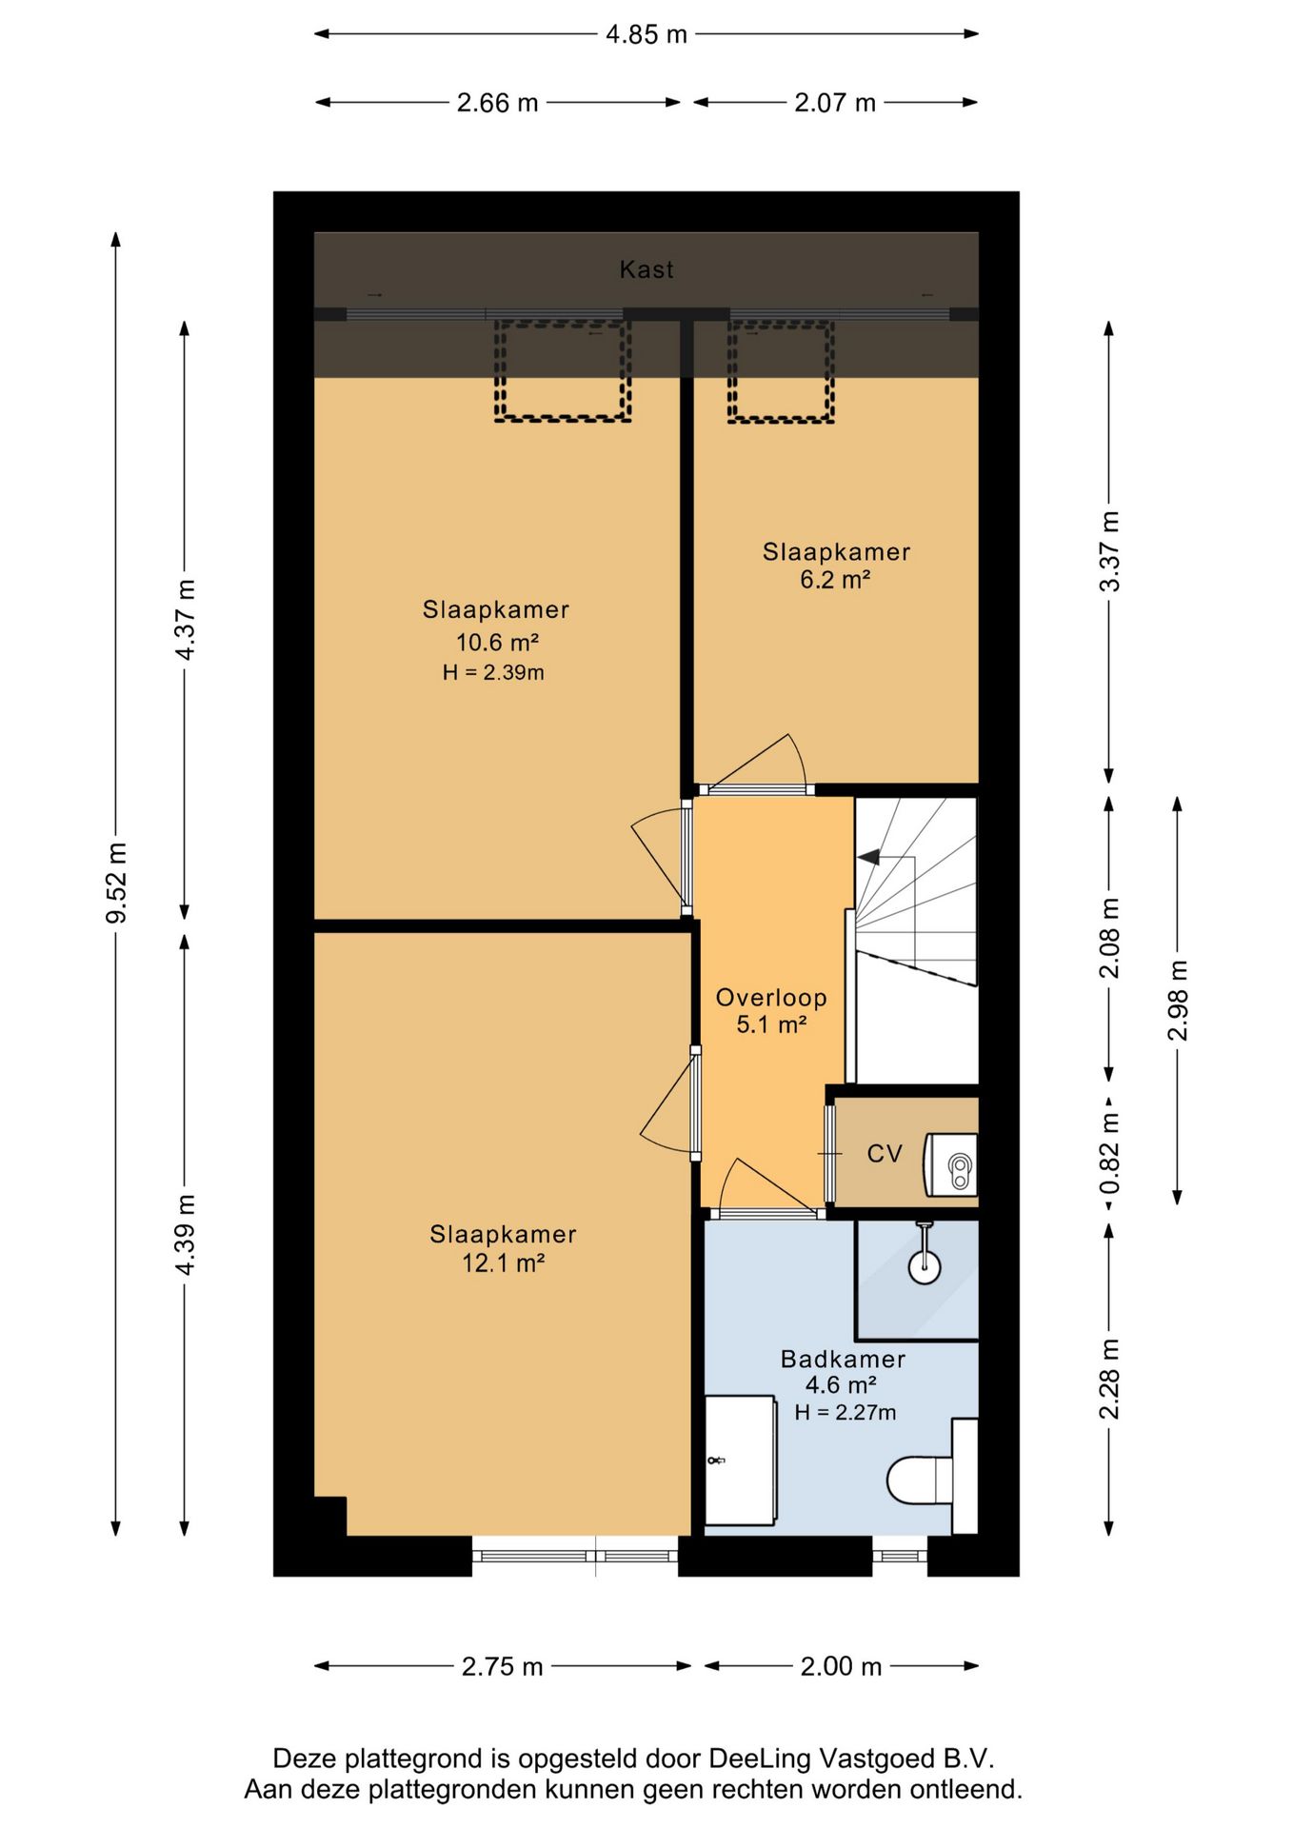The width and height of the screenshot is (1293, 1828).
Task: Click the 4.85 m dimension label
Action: tap(646, 34)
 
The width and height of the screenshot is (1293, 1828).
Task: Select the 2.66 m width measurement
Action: tap(497, 103)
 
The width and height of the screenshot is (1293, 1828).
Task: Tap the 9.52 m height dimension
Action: tap(116, 883)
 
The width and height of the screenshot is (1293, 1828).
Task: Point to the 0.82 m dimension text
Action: tap(1109, 1155)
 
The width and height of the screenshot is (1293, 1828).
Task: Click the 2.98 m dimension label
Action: tap(1178, 1001)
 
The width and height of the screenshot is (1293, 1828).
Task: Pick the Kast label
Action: tap(646, 270)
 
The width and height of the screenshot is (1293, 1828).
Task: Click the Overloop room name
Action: tap(771, 998)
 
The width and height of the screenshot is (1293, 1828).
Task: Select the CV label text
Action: tap(884, 1154)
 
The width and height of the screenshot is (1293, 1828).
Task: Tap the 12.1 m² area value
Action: tap(503, 1263)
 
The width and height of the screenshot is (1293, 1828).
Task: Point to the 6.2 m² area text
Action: tap(835, 580)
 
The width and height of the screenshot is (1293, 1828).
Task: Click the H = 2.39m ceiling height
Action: tap(493, 672)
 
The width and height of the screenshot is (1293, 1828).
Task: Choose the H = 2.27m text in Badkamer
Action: tap(845, 1413)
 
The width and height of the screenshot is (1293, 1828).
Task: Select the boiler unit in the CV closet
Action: tap(952, 1164)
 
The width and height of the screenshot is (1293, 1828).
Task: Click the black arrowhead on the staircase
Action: tap(867, 858)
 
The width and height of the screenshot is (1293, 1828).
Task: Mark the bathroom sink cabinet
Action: tap(741, 1460)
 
